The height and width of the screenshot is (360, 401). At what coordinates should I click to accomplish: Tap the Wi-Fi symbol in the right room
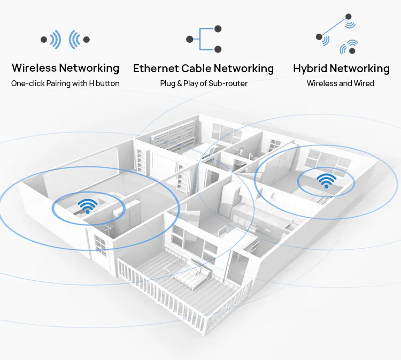(326, 180)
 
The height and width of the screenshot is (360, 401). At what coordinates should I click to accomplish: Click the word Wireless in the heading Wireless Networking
(34, 68)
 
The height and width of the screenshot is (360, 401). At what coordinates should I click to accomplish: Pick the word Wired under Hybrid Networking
(363, 83)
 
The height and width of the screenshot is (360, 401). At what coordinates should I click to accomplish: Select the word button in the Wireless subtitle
(107, 83)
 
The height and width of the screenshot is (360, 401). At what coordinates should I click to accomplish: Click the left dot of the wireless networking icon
(43, 39)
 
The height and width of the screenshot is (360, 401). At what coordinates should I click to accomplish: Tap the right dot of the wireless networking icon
(87, 39)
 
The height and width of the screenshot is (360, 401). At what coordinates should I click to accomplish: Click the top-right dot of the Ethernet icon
(218, 29)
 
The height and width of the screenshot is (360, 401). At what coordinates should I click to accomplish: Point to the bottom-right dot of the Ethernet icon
(218, 49)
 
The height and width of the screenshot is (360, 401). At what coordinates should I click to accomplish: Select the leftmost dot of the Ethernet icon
(189, 39)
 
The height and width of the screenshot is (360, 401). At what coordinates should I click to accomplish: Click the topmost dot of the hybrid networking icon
(348, 17)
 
